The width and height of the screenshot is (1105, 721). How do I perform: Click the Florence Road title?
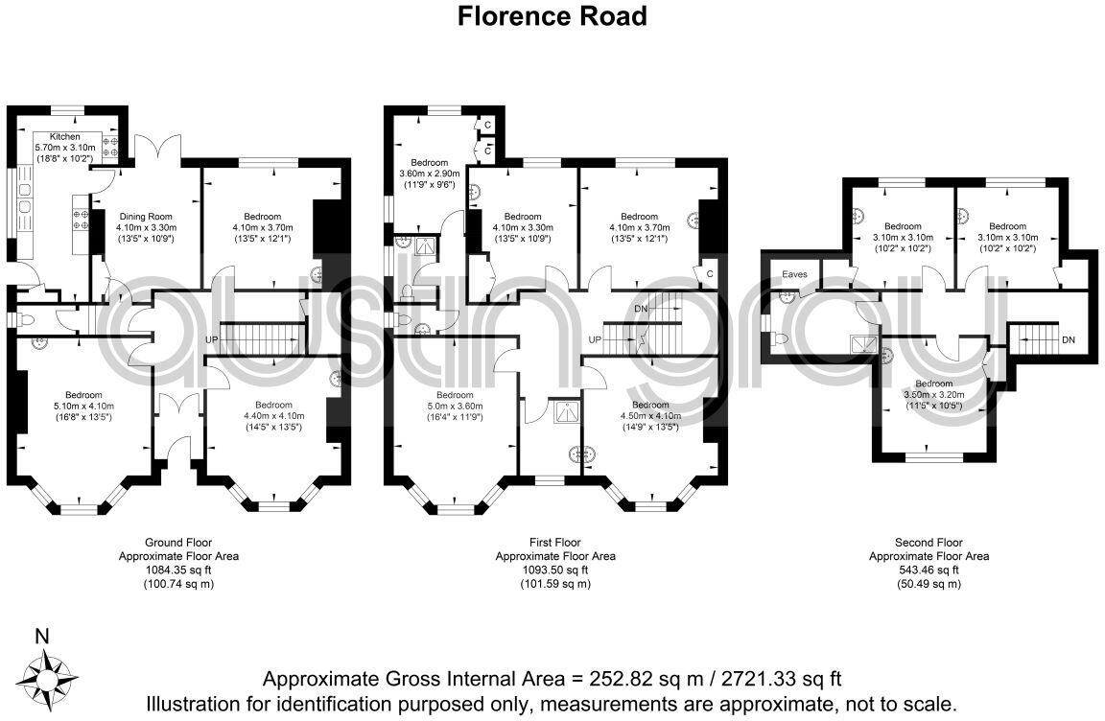[552, 16]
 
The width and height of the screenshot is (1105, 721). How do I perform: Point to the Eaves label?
[794, 274]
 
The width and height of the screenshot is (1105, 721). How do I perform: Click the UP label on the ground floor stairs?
[212, 340]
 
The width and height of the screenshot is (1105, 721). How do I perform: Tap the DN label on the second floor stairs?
[1068, 340]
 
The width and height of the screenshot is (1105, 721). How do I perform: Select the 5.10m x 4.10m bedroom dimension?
[83, 406]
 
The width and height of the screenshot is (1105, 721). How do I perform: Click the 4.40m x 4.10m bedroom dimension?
[273, 416]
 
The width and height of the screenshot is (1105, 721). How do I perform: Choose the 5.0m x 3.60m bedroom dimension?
[455, 406]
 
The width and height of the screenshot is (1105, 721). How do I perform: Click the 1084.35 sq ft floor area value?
[178, 570]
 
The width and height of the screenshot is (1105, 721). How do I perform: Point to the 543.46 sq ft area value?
[928, 570]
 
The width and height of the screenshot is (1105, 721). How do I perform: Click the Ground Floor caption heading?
[178, 543]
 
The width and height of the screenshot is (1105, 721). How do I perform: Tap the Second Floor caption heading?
[928, 543]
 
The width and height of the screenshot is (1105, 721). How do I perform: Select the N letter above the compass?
[41, 635]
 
